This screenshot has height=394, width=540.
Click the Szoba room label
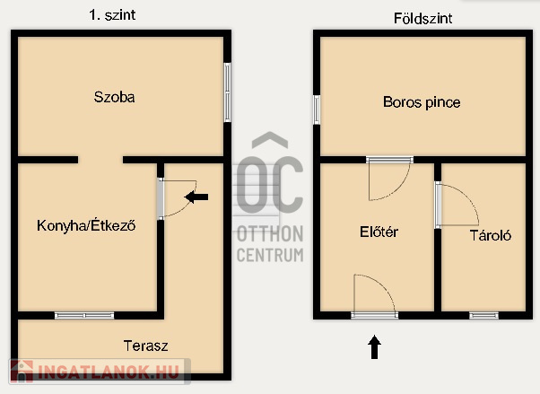114,97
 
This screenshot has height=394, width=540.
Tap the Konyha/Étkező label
86,226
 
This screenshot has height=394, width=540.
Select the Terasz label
145,346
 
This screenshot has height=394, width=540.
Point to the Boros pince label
422,102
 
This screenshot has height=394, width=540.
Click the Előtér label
379,232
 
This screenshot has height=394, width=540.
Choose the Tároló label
491,235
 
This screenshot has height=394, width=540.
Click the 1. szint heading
112,15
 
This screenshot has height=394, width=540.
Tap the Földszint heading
422,18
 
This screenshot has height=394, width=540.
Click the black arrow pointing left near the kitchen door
196,197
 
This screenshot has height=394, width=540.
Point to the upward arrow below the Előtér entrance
374,346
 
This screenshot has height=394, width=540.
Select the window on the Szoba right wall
227,92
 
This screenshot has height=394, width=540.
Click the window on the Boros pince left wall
317,110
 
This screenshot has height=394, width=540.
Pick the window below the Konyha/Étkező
84,315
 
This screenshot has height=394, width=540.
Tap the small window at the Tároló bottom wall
483,315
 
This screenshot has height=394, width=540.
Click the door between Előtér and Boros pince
389,179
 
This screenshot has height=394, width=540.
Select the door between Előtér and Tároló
457,205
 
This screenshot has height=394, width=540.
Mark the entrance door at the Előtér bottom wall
375,296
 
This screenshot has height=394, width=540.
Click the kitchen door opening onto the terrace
177,198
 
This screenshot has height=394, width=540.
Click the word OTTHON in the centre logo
270,234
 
